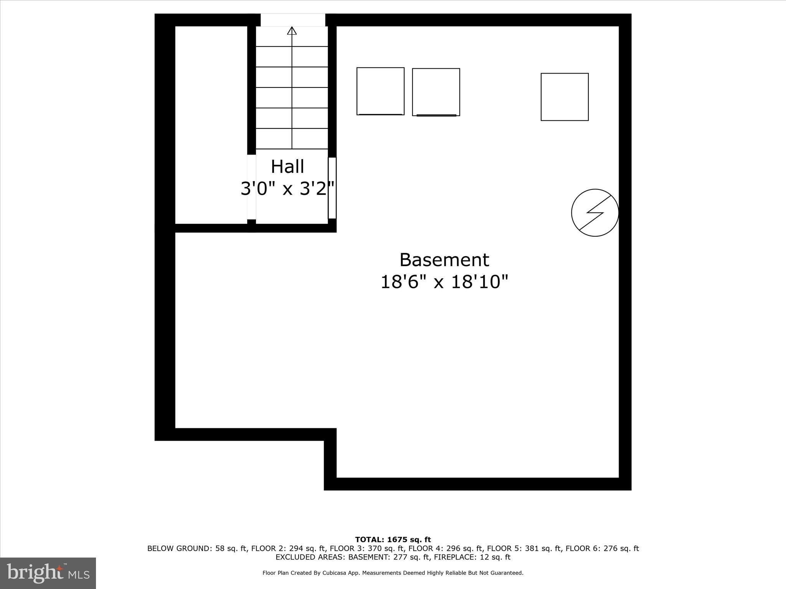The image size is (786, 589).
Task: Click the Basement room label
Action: [444, 260]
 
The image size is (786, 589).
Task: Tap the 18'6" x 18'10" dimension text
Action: [444, 282]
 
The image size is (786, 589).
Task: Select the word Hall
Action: [287, 167]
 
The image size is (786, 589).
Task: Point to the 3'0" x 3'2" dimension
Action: [287, 189]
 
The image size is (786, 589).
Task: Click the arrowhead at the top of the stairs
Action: [292, 31]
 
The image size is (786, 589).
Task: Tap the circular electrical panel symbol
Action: [595, 212]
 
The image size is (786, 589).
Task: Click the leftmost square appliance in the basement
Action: [380, 91]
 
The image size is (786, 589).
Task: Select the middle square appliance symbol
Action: [436, 92]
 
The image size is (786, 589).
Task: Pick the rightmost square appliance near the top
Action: [565, 97]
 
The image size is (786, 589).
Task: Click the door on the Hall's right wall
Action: [332, 188]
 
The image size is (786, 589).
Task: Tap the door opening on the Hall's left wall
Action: [251, 187]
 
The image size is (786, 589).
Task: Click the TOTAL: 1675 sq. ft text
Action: [393, 540]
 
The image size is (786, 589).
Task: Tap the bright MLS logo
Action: [48, 573]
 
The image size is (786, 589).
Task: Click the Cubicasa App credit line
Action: [393, 573]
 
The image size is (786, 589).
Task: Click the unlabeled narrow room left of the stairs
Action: [211, 125]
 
